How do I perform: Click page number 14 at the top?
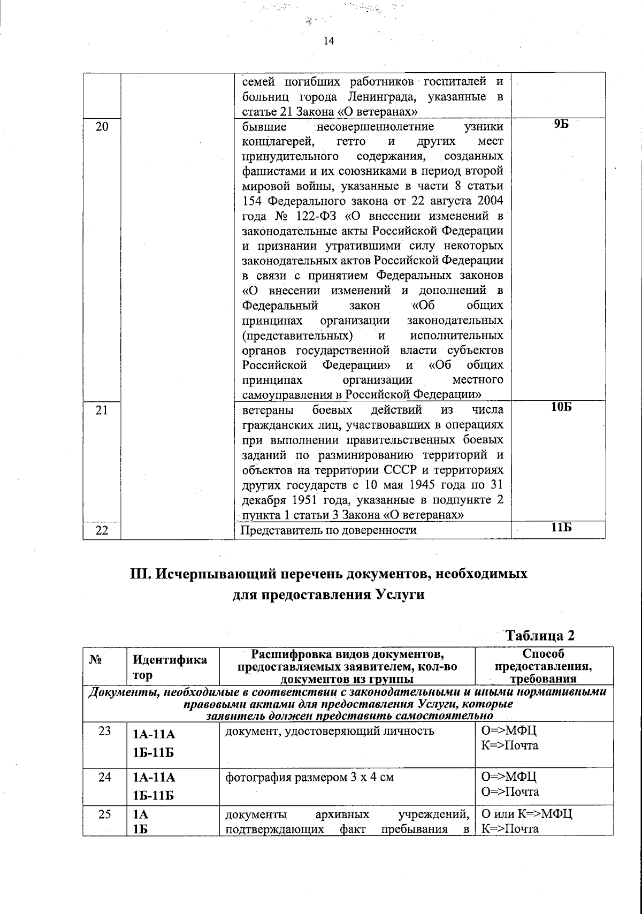[x=329, y=42]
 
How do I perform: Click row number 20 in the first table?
[x=102, y=127]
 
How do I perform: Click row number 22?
[x=102, y=530]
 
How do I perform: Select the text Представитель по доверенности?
[x=329, y=530]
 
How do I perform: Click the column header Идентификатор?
[x=170, y=667]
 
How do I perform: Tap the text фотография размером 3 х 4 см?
[x=310, y=777]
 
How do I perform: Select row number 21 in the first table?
[x=102, y=410]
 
